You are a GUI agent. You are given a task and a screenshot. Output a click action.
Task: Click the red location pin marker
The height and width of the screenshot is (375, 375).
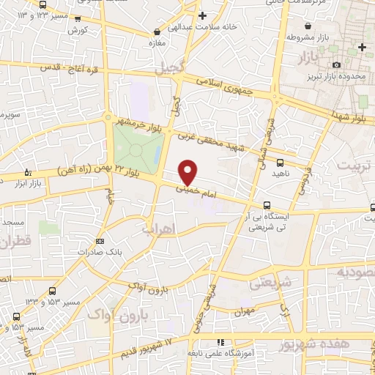pos(188,172)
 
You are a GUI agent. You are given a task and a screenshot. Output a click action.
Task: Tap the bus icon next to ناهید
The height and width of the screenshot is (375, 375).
pos(281,162)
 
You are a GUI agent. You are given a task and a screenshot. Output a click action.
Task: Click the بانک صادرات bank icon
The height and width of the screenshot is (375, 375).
pos(100,240)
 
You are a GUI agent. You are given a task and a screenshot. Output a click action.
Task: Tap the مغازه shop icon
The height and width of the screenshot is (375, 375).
pos(157,32)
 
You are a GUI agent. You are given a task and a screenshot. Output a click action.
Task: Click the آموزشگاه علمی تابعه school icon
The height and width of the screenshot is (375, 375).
pos(220,343)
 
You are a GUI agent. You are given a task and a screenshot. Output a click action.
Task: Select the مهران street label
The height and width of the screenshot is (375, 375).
pos(245,311)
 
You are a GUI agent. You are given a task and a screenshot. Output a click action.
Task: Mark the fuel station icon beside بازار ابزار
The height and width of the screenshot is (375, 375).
pos(28,173)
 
